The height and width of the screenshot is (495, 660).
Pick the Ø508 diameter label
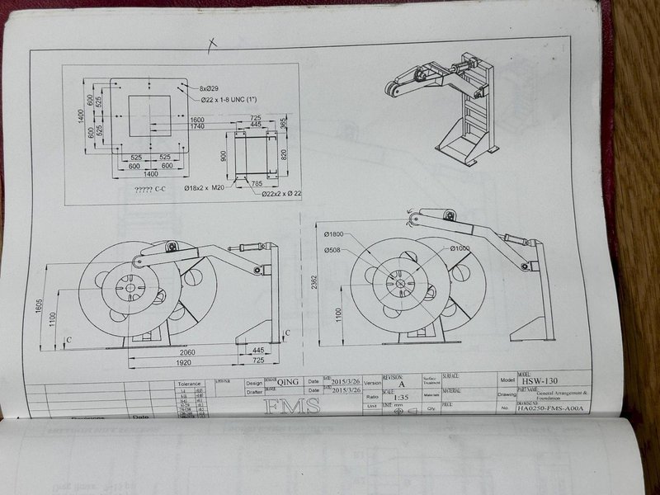coord(333,250)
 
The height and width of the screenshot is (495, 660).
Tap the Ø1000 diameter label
coord(460,247)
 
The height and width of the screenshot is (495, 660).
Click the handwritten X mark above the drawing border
coord(212,45)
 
